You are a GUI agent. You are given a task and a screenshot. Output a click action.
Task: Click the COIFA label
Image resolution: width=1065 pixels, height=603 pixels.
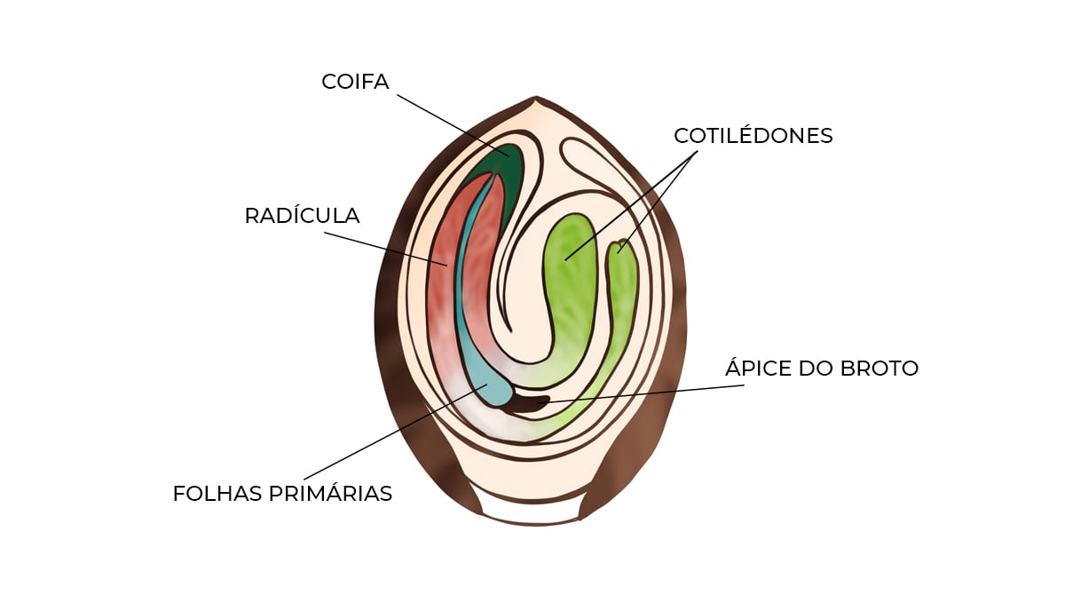[x=355, y=82]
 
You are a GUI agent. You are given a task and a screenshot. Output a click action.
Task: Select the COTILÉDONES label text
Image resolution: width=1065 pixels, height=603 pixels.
[x=753, y=136]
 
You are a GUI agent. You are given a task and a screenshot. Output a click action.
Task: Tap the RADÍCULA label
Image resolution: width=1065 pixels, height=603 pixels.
[x=302, y=216]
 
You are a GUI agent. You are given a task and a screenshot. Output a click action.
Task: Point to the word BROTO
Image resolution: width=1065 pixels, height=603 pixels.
[x=879, y=369]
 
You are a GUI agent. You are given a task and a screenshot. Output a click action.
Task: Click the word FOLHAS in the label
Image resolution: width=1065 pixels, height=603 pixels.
[x=214, y=494]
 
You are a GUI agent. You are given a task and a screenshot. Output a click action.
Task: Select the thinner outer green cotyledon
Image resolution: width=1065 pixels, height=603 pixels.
[x=625, y=293]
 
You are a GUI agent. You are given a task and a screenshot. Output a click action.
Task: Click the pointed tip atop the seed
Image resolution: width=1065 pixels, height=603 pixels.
[x=535, y=102]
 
